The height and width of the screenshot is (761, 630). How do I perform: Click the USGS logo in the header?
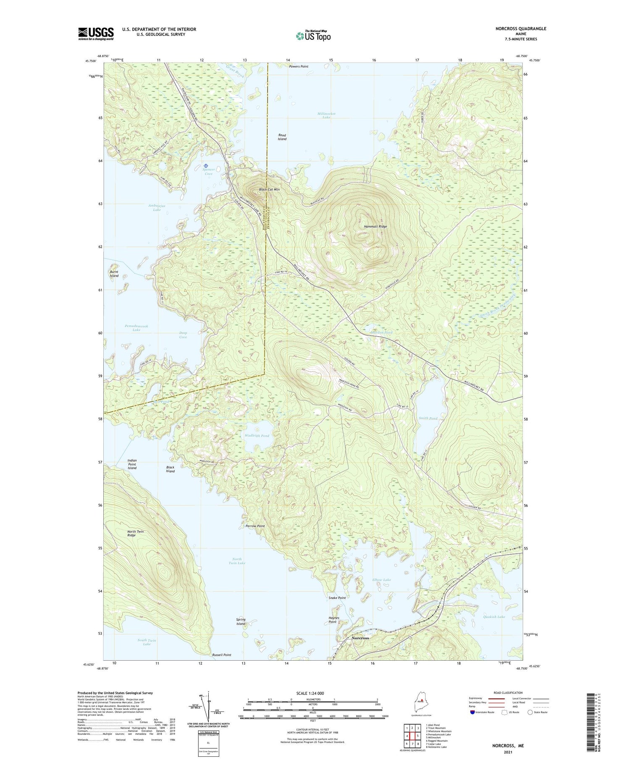pos(96,34)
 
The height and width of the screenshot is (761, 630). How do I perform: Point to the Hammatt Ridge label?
pos(375,226)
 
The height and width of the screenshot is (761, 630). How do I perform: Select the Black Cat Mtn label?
pos(269,189)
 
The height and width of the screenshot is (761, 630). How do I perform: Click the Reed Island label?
pos(282,137)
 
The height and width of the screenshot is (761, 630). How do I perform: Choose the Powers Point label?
pos(299,66)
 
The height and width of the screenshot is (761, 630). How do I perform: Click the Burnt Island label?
pos(114,274)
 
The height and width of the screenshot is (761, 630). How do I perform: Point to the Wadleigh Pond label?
pos(257,436)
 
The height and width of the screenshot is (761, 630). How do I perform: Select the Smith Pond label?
pos(428,418)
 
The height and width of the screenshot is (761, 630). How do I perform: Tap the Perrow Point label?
pos(255,526)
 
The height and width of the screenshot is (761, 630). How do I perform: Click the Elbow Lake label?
pos(381,580)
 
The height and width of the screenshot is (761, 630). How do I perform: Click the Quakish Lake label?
pos(494,617)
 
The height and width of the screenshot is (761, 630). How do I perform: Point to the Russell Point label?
pos(221,655)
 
